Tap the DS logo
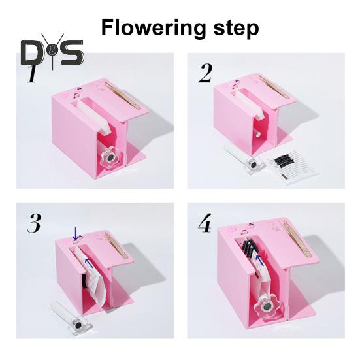tap(52, 52)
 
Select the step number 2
tap(205, 74)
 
